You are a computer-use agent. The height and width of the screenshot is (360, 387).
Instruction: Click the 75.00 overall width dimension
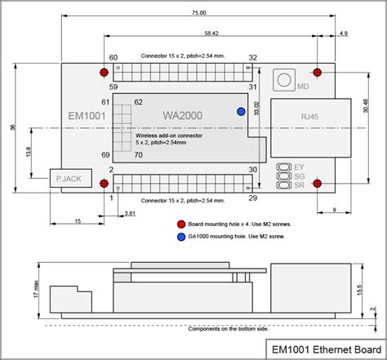pyautogui.click(x=198, y=14)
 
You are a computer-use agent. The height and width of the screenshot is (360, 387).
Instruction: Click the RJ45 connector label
pyautogui.click(x=310, y=117)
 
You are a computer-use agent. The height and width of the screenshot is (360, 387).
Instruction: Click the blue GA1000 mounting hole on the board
pyautogui.click(x=241, y=112)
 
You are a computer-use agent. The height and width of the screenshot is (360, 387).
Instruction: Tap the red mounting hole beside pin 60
pyautogui.click(x=104, y=73)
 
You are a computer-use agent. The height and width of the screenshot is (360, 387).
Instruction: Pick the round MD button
pyautogui.click(x=285, y=79)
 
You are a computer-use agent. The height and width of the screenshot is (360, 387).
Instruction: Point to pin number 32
pyautogui.click(x=253, y=58)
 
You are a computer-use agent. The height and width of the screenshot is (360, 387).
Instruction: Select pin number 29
pyautogui.click(x=253, y=198)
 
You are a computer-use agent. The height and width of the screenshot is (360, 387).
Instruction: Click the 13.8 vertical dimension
pyautogui.click(x=29, y=152)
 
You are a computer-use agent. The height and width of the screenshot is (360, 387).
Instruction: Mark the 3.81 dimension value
pyautogui.click(x=130, y=214)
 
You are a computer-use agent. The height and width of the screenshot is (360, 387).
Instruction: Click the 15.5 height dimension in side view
pyautogui.click(x=360, y=289)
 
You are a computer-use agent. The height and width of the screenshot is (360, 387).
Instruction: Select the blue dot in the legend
pyautogui.click(x=180, y=237)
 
